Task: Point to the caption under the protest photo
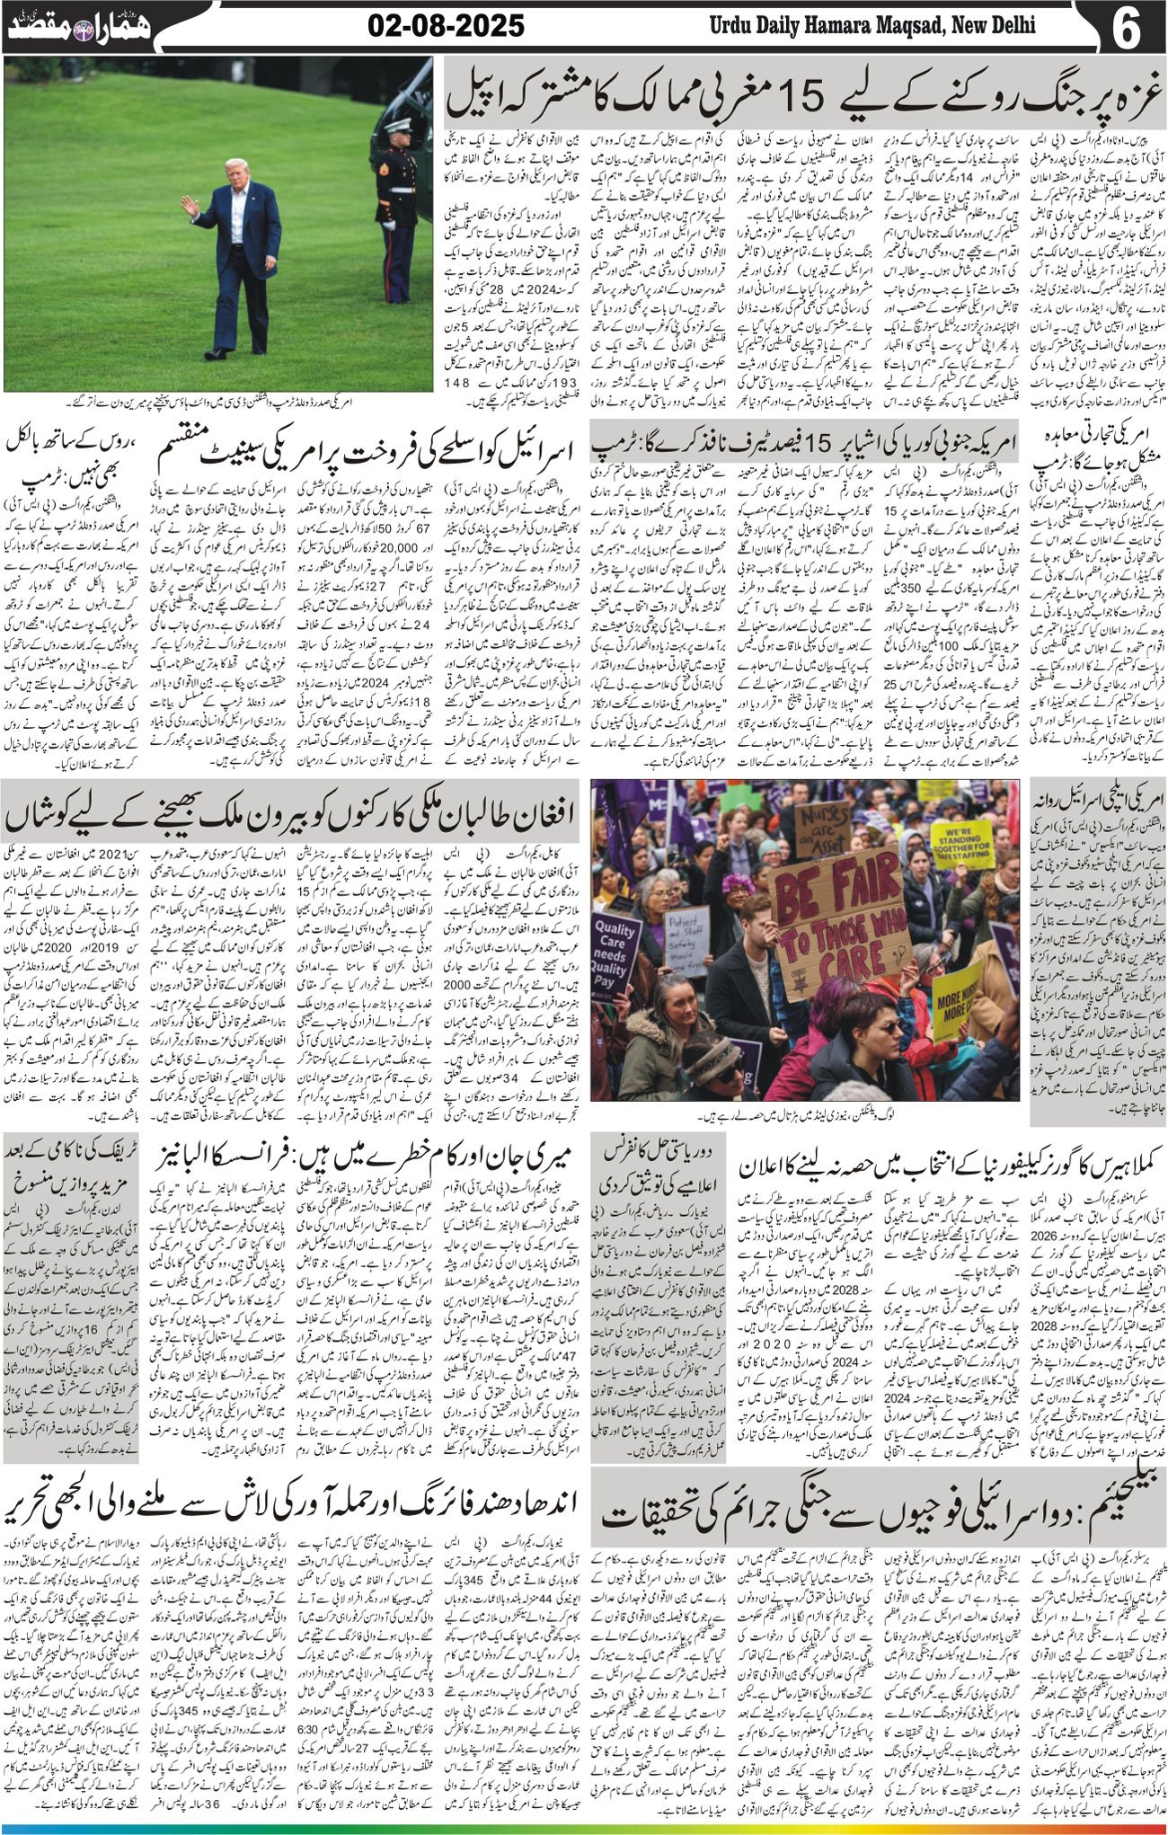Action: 804,1117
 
